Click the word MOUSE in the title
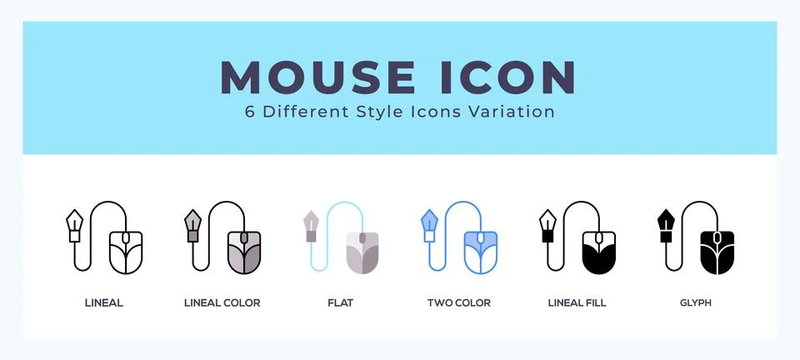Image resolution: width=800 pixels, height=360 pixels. click(x=317, y=77)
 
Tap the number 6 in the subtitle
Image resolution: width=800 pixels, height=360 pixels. click(x=250, y=112)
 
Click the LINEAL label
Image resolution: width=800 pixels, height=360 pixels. click(x=104, y=302)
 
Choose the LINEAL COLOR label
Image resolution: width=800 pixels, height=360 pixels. click(x=222, y=302)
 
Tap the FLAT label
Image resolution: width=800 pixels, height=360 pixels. click(x=340, y=302)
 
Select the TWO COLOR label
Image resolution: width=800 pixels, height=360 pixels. click(x=458, y=302)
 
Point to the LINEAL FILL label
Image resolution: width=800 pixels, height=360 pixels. click(x=577, y=302)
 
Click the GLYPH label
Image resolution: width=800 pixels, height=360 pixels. click(x=695, y=302)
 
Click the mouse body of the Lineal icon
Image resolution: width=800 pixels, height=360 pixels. click(x=126, y=252)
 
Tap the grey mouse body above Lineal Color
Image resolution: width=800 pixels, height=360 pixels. click(x=243, y=252)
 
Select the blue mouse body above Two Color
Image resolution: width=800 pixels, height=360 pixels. click(x=480, y=252)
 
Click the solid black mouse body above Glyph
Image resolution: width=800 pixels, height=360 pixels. click(x=717, y=252)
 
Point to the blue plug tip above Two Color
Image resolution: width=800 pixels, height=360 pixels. click(x=430, y=222)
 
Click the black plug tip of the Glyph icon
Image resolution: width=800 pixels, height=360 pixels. click(x=667, y=222)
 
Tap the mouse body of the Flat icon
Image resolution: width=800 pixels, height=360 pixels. click(x=362, y=252)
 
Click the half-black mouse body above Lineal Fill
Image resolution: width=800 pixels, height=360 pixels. click(x=598, y=252)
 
